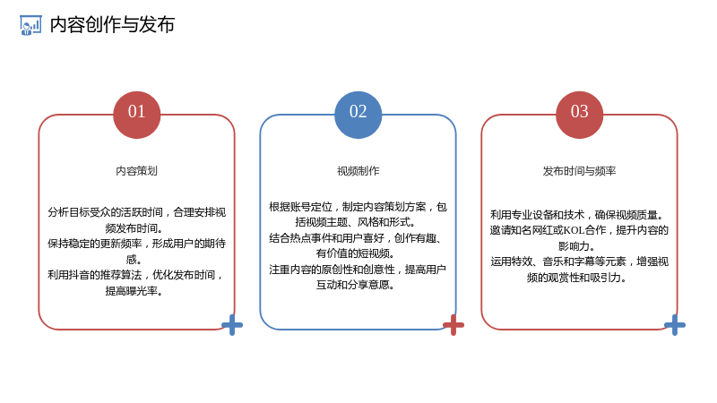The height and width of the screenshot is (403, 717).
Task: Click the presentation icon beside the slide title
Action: [x=30, y=25]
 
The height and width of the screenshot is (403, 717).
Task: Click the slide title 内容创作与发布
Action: [x=112, y=25]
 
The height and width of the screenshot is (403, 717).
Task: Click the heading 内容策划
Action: [x=136, y=171]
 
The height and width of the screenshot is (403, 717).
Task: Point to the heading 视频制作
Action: [x=358, y=171]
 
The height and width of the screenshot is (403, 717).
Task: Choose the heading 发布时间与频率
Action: [x=579, y=171]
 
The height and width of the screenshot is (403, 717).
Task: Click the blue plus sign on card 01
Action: [x=232, y=325]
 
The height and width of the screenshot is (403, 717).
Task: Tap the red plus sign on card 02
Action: [x=454, y=325]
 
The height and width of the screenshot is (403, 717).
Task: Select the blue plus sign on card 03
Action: [x=675, y=325]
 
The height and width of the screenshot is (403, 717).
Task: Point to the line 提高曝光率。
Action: [x=134, y=291]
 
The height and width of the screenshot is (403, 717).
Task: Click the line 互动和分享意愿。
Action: [x=355, y=285]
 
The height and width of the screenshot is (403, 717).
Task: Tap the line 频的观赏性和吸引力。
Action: [x=576, y=278]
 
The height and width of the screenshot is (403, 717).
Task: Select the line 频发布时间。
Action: [x=134, y=228]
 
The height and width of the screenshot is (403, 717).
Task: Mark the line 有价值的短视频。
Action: [x=355, y=253]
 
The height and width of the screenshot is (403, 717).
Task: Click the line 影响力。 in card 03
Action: [x=576, y=246]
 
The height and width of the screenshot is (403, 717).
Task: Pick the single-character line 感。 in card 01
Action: [x=134, y=260]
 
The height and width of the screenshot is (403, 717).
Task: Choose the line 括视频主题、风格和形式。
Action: [x=355, y=222]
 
